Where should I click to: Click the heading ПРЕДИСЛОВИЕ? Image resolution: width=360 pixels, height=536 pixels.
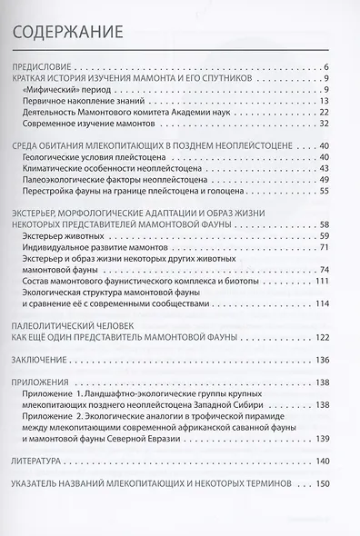click(x=46, y=68)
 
